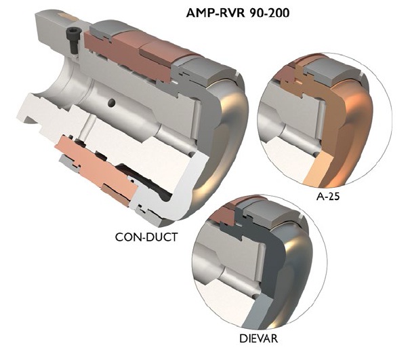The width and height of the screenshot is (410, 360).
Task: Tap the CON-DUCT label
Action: click(x=146, y=237)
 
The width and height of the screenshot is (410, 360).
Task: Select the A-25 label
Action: click(x=329, y=198)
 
